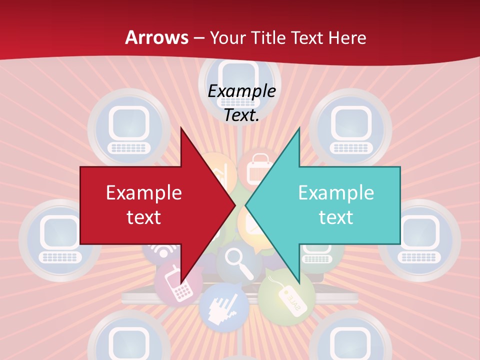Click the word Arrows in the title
(x=156, y=37)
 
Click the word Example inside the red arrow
(x=144, y=192)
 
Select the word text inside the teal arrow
(x=336, y=217)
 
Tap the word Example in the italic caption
(x=241, y=91)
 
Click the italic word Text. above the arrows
(x=241, y=115)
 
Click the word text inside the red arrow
(x=144, y=217)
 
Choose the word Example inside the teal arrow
(x=336, y=192)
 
